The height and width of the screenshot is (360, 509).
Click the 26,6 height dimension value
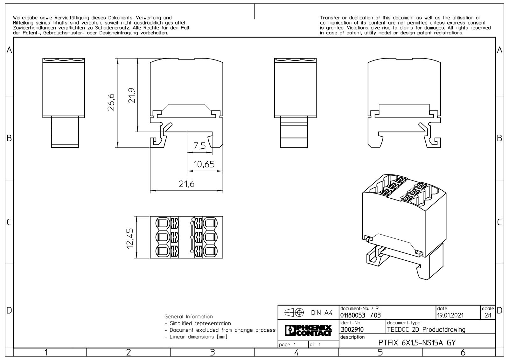click(x=111, y=102)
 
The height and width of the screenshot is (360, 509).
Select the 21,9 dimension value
click(x=132, y=95)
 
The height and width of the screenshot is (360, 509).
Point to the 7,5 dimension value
click(x=199, y=146)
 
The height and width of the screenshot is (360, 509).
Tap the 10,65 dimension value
click(x=204, y=164)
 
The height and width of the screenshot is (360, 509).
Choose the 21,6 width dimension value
click(x=186, y=184)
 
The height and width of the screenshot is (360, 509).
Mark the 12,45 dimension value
click(x=130, y=238)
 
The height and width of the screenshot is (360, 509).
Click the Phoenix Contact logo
click(x=308, y=330)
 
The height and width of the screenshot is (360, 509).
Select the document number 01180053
click(x=353, y=315)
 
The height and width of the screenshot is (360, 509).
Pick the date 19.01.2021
click(x=450, y=315)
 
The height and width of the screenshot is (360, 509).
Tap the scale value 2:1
click(x=488, y=315)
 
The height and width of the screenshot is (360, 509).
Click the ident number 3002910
click(x=352, y=329)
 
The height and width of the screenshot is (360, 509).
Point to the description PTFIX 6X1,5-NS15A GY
click(x=417, y=343)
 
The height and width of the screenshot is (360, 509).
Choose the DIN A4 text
click(x=322, y=313)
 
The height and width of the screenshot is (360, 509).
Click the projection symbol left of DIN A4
click(x=294, y=313)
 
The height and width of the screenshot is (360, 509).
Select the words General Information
click(x=189, y=317)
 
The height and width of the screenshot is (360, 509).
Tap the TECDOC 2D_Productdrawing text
click(x=426, y=330)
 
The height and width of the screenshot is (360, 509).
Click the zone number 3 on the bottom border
click(x=212, y=352)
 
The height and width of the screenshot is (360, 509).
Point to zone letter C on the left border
click(x=9, y=222)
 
